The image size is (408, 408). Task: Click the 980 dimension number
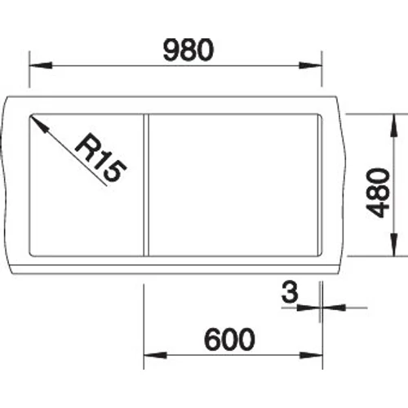click(x=188, y=50)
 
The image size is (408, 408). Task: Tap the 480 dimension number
click(x=378, y=193)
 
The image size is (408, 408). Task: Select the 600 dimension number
click(x=229, y=339)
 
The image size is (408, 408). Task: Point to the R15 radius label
click(x=100, y=157)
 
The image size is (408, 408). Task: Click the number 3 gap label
click(x=290, y=292)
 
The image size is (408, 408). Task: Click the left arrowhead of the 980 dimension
click(x=41, y=65)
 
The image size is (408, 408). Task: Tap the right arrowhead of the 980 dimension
click(x=310, y=65)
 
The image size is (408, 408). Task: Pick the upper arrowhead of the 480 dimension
click(x=393, y=126)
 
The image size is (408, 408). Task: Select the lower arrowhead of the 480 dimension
click(x=393, y=245)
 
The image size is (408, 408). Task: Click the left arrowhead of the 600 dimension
click(x=155, y=355)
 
